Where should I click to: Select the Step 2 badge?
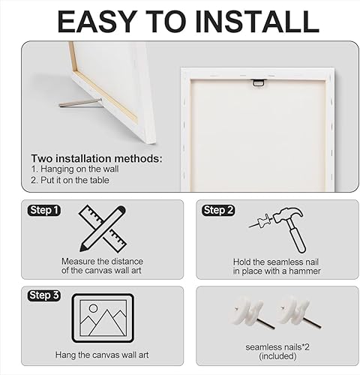218,211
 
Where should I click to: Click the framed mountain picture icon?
103,318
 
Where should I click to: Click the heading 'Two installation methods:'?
96,158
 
